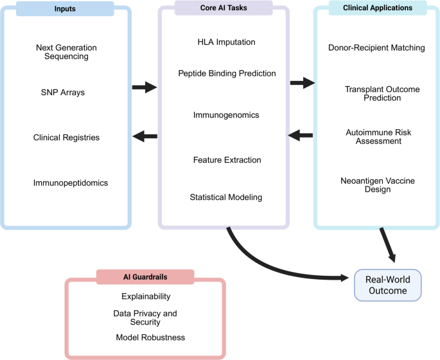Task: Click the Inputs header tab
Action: click(65, 9)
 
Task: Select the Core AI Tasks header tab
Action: click(224, 8)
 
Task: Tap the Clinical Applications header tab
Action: click(378, 8)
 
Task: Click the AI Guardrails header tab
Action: click(145, 277)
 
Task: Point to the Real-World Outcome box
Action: click(388, 285)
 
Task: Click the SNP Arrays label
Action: click(63, 93)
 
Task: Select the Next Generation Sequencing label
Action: click(67, 52)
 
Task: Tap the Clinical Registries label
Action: click(66, 138)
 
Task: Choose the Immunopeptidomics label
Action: click(71, 183)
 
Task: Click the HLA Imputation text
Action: click(227, 42)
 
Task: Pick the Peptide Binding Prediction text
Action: click(227, 73)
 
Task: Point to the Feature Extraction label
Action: click(227, 160)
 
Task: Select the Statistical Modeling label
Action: click(226, 197)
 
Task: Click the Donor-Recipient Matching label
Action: click(376, 48)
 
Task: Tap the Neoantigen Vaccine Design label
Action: click(378, 184)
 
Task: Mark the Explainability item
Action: click(146, 296)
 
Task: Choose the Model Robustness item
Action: click(150, 337)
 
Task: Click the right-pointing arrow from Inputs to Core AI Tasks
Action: click(145, 87)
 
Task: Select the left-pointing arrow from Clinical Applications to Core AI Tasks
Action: click(300, 136)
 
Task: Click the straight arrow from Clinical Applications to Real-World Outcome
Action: click(388, 245)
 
